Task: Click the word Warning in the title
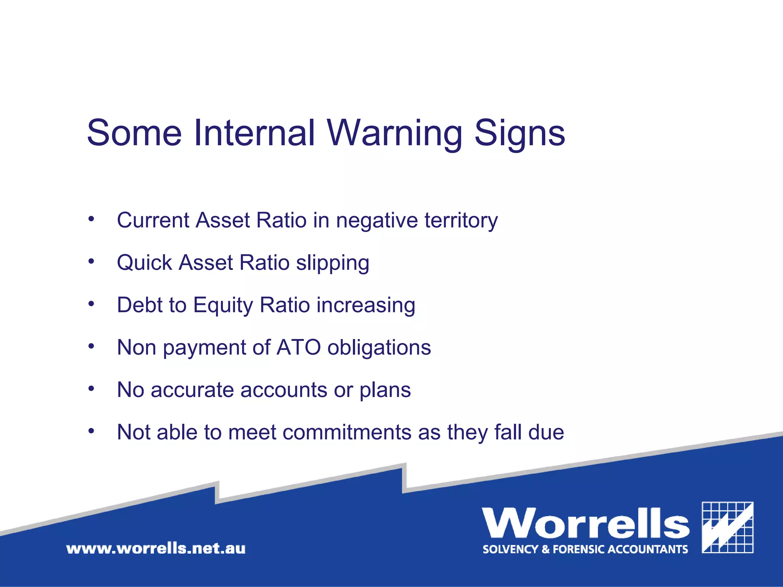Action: point(395,133)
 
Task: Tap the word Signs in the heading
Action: point(520,133)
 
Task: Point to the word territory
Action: point(461,221)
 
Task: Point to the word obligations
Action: point(379,348)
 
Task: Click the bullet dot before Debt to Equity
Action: point(91,304)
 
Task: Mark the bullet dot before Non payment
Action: point(91,346)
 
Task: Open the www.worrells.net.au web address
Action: point(156,549)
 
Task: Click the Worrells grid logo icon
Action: point(728,527)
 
